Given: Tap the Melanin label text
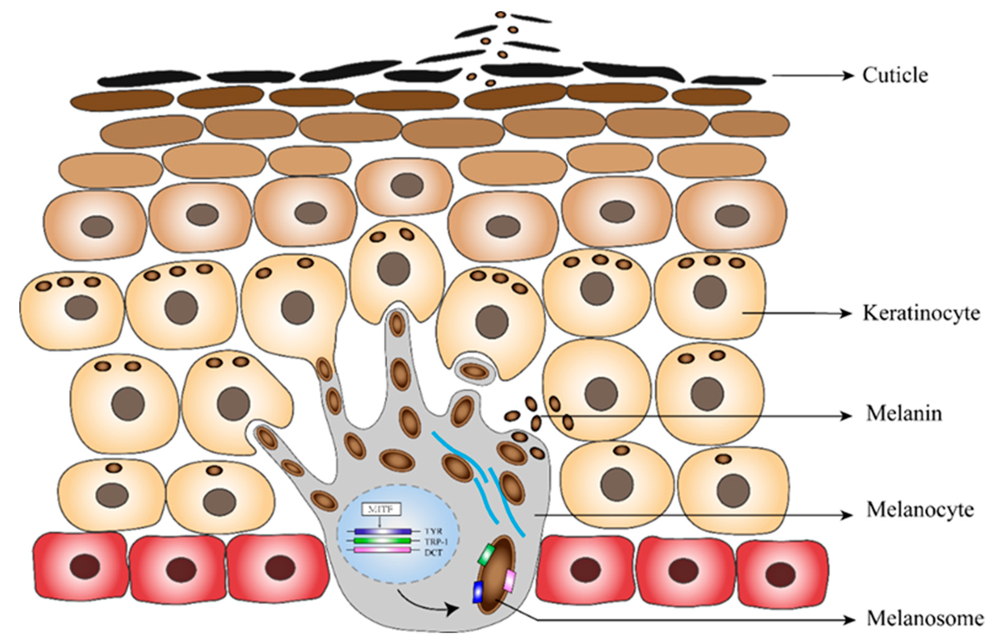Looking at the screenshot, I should pyautogui.click(x=903, y=414).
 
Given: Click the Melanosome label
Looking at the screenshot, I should pyautogui.click(x=924, y=618).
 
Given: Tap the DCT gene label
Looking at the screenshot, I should pyautogui.click(x=434, y=552).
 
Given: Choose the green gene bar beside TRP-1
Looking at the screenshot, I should pyautogui.click(x=383, y=541).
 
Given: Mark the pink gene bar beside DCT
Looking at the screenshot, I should pyautogui.click(x=383, y=550).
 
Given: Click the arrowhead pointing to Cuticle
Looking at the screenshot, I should pyautogui.click(x=848, y=76).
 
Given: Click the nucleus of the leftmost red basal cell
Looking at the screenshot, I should pyautogui.click(x=85, y=566).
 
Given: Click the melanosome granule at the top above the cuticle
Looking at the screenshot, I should pyautogui.click(x=501, y=14).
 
